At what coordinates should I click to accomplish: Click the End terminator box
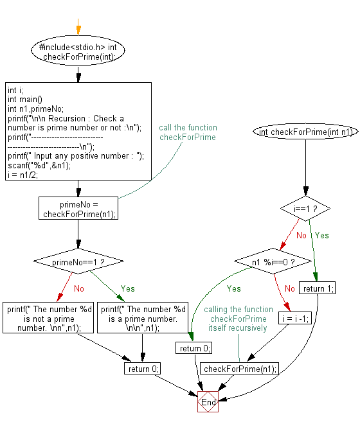point(208,402)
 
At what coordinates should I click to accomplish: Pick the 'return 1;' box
point(318,288)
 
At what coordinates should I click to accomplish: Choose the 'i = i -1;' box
point(292,318)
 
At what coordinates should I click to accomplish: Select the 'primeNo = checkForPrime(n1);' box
point(78,209)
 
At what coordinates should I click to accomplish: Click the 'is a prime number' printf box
point(142,317)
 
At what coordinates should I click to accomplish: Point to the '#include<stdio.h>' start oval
point(78,52)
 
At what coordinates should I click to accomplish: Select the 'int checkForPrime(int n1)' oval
point(305,132)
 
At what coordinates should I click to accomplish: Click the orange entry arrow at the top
point(78,29)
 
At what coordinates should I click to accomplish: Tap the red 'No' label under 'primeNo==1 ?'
point(78,288)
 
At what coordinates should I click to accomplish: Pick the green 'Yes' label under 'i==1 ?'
point(321,235)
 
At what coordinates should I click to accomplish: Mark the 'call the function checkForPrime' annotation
point(188,132)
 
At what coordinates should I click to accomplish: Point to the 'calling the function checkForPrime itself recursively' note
point(237,319)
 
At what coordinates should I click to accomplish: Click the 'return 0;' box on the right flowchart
point(194,348)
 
